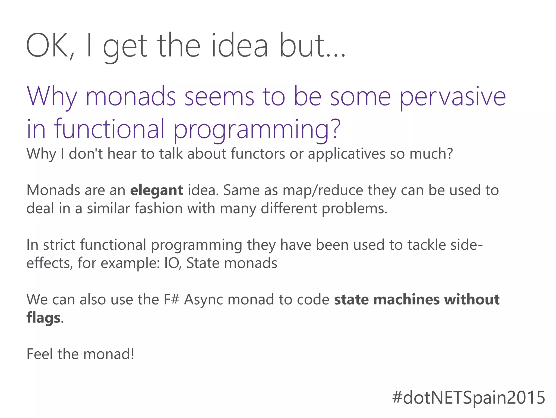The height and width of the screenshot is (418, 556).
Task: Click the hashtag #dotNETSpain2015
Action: point(469,397)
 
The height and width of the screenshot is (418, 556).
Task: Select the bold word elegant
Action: point(156,190)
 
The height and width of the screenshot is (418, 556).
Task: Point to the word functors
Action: point(258,154)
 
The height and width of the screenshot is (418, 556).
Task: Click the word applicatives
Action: point(346,154)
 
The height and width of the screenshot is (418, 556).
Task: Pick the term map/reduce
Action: point(323,190)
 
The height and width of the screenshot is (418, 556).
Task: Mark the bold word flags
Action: point(43,318)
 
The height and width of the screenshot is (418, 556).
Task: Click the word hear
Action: point(122,154)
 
